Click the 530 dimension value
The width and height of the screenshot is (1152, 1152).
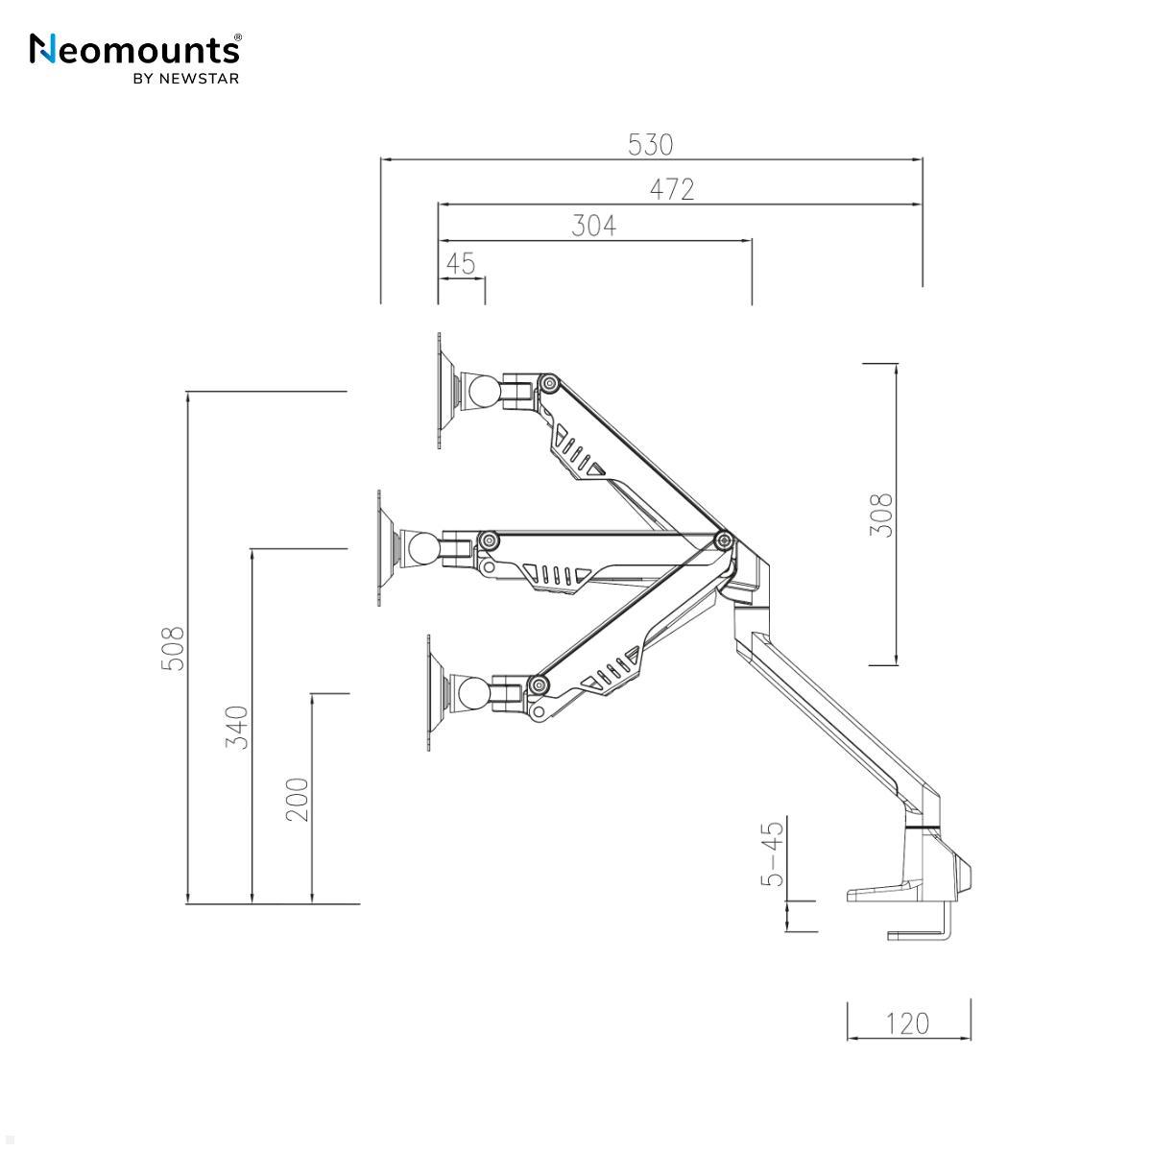click(x=651, y=144)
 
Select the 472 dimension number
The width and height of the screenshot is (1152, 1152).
click(x=672, y=189)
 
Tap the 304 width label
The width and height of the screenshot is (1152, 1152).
click(x=593, y=226)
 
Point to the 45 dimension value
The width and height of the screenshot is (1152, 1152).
click(x=461, y=263)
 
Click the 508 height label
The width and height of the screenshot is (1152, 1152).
click(x=173, y=648)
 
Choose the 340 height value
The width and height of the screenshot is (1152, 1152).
click(x=237, y=728)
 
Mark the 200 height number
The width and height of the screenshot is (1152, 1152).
click(x=298, y=799)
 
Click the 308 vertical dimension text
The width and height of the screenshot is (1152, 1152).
click(x=881, y=515)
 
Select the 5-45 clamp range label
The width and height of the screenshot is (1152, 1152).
click(x=772, y=853)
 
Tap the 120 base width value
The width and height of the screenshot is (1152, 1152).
click(x=907, y=1023)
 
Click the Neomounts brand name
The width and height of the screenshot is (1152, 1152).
click(x=135, y=49)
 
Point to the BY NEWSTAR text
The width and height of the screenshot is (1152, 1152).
click(x=185, y=79)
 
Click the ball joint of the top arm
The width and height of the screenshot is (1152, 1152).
click(x=482, y=392)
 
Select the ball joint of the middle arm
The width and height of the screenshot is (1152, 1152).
click(x=422, y=549)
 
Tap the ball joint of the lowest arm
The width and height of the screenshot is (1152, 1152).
click(x=473, y=693)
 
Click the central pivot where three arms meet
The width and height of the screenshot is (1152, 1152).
click(x=723, y=540)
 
